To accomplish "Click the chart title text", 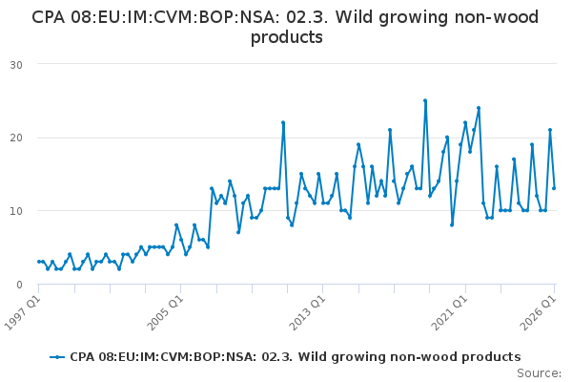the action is pyautogui.click(x=285, y=27).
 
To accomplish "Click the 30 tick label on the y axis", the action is pyautogui.click(x=16, y=65).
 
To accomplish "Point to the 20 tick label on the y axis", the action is pyautogui.click(x=16, y=138).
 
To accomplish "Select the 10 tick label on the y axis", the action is pyautogui.click(x=16, y=211).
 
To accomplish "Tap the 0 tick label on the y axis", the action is pyautogui.click(x=19, y=285).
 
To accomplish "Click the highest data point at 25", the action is pyautogui.click(x=425, y=100).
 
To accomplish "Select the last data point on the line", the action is pyautogui.click(x=554, y=188).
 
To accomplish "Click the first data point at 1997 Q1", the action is pyautogui.click(x=39, y=262).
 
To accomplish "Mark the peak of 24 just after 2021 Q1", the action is pyautogui.click(x=479, y=108).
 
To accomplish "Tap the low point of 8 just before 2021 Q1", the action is pyautogui.click(x=452, y=224).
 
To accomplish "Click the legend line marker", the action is pyautogui.click(x=57, y=357).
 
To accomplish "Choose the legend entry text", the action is pyautogui.click(x=296, y=357).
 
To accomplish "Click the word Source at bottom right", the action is pyautogui.click(x=540, y=373).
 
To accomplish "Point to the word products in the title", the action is pyautogui.click(x=287, y=37).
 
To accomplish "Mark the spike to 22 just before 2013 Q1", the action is pyautogui.click(x=283, y=122).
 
